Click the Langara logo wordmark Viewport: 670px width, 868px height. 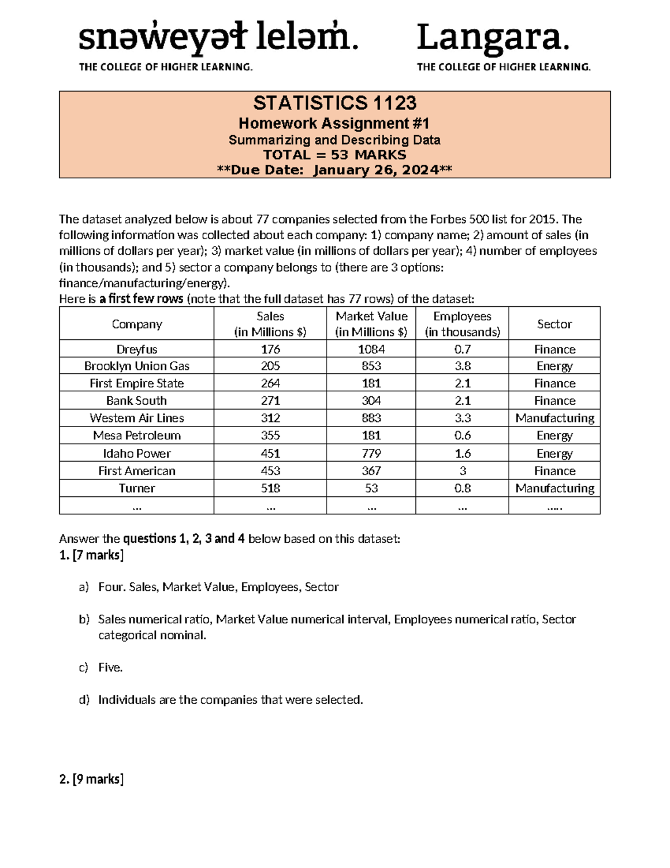(492, 38)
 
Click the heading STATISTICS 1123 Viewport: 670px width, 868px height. (334, 103)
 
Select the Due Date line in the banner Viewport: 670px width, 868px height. (334, 170)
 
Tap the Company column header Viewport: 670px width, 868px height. (137, 324)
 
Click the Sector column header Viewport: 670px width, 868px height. (554, 324)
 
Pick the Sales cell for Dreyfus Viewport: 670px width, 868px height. (270, 349)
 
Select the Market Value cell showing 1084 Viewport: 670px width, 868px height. (371, 349)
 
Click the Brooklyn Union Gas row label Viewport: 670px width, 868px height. (137, 366)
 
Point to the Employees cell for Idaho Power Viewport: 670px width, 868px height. (462, 453)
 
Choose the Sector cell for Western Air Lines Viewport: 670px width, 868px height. (554, 418)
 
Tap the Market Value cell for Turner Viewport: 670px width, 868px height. (371, 488)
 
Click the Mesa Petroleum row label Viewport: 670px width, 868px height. (137, 435)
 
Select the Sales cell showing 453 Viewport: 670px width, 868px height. (270, 471)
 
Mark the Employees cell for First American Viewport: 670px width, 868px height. (462, 471)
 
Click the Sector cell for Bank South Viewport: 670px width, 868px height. (554, 401)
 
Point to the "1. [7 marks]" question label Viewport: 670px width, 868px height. (91, 555)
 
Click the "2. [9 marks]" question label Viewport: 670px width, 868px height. (91, 779)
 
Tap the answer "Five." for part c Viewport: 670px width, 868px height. (111, 667)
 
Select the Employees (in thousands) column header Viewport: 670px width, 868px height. (462, 324)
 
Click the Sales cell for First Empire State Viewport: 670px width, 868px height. (270, 383)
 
